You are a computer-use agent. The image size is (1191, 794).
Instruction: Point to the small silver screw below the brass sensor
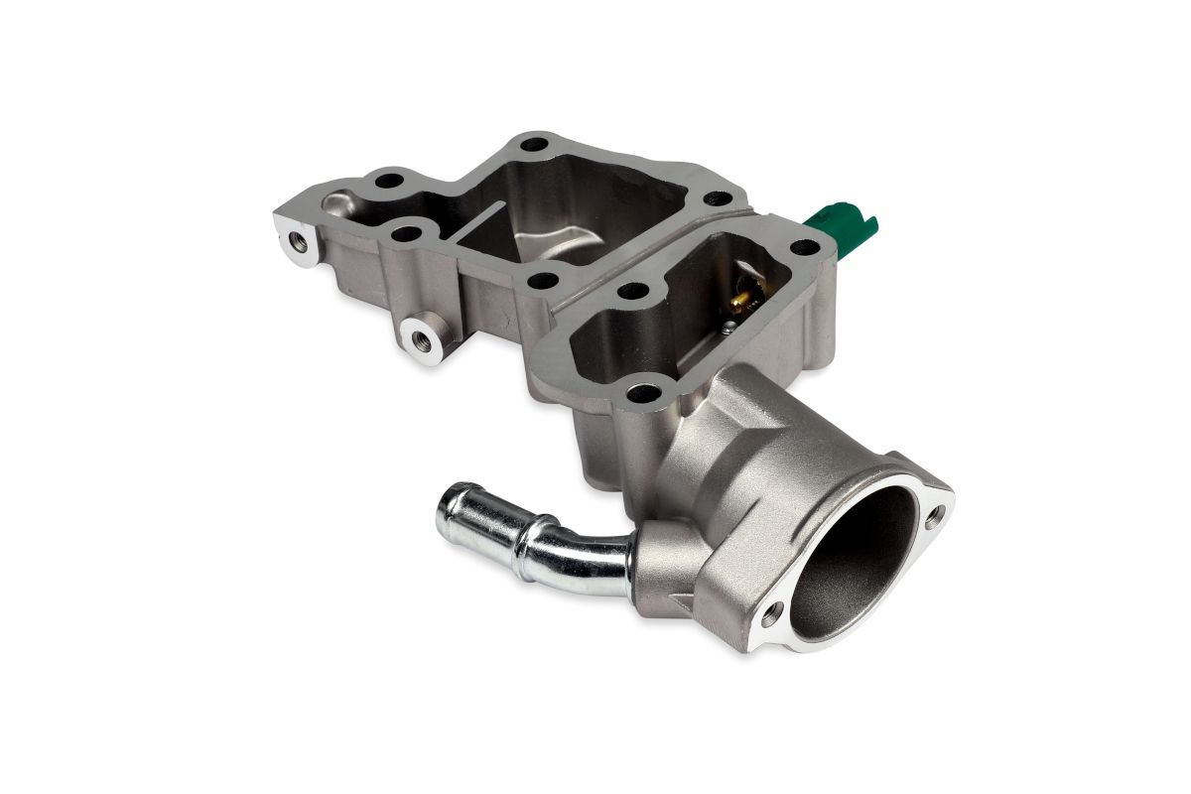pos(728,319)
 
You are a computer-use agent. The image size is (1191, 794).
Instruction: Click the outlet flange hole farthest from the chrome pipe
pos(935,514)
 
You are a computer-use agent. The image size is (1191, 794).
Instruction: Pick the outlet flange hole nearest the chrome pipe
pos(773,611)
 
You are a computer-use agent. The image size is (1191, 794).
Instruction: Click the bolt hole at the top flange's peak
pos(534,145)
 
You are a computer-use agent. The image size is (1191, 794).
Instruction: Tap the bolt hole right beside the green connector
pos(806,245)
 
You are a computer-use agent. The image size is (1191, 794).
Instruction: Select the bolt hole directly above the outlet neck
pos(644,392)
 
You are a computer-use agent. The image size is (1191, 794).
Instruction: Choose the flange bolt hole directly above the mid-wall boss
pos(404,235)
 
